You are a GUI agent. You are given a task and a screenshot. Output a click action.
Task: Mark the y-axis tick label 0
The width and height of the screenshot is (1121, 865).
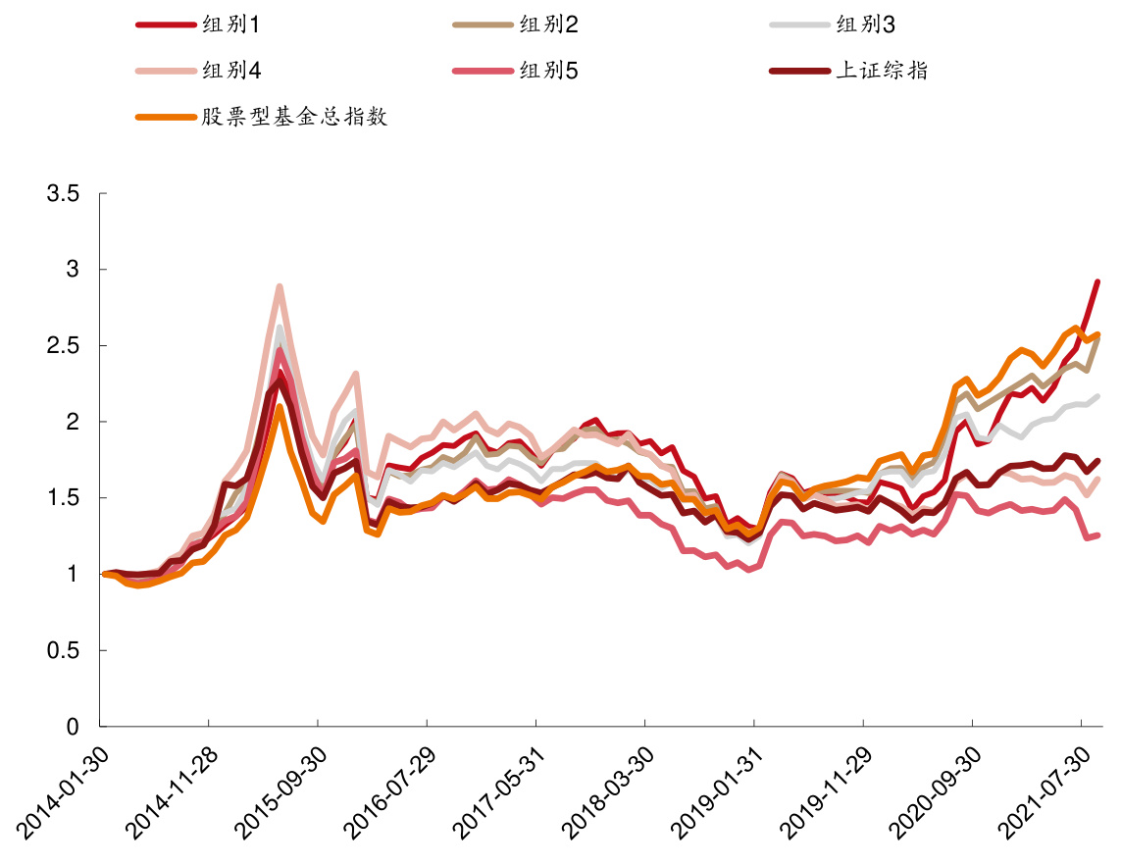point(73,728)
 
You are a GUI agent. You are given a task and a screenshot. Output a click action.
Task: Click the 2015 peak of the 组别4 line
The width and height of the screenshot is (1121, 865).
point(280,287)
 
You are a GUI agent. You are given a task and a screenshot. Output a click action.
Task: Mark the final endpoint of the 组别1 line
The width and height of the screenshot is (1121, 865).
point(1096,282)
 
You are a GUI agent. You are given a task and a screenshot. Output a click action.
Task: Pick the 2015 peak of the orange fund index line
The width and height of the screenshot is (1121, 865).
point(280,407)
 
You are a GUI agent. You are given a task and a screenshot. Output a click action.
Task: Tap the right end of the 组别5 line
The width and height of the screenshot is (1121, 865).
point(1096,535)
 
